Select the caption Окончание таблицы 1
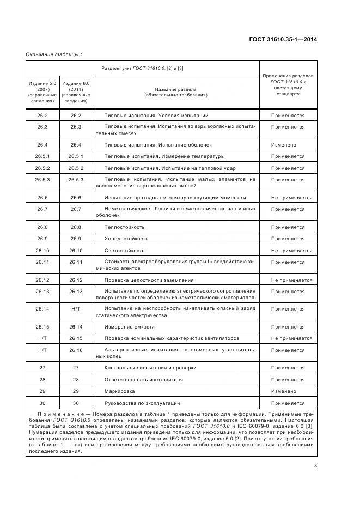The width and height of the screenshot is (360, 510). (54, 54)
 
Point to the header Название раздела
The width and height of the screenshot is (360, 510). (175, 92)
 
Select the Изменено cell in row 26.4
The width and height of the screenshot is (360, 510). (283, 145)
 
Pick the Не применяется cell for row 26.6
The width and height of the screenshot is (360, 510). (288, 198)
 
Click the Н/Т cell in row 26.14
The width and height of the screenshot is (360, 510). (76, 309)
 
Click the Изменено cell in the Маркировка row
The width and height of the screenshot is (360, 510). (283, 391)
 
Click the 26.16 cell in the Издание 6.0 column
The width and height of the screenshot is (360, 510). (76, 350)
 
